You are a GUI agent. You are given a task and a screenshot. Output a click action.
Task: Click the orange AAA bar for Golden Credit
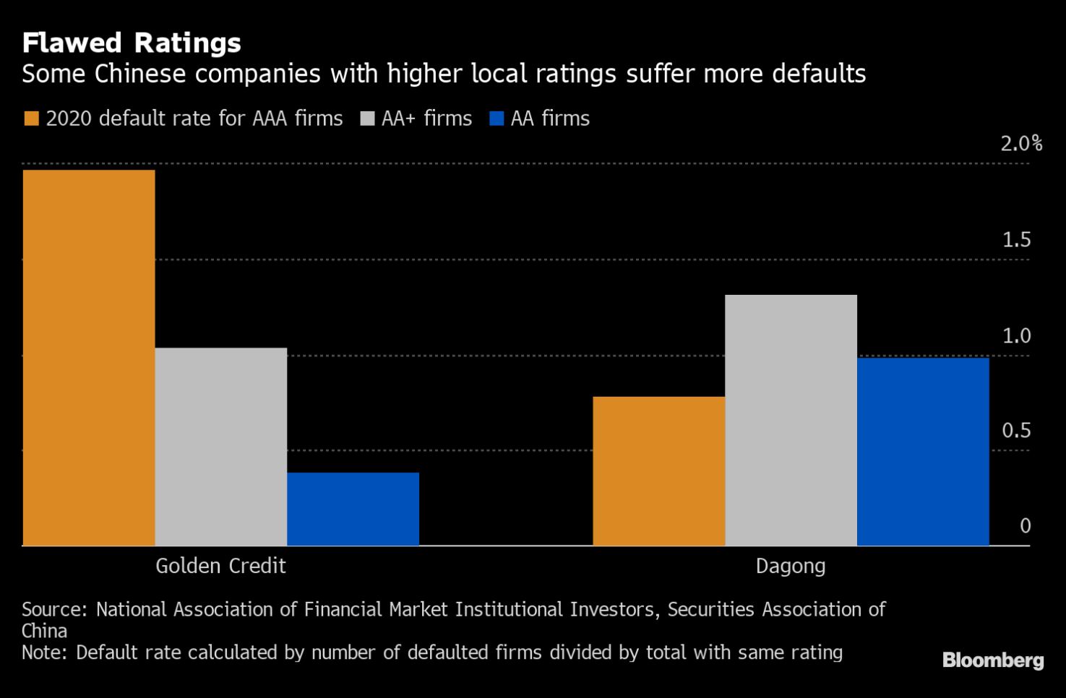(89, 358)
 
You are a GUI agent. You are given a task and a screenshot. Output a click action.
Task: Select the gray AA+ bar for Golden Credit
(221, 447)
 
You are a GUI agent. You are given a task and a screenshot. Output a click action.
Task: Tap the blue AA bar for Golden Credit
(353, 509)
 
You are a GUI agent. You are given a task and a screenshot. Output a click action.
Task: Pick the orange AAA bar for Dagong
(658, 470)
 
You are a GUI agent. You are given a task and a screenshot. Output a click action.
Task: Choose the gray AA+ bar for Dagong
(791, 420)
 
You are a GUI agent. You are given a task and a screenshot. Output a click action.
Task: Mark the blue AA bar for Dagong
(923, 452)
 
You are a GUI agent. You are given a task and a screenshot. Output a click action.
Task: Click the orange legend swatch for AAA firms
(31, 119)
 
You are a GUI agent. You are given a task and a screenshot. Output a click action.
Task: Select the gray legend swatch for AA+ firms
(367, 119)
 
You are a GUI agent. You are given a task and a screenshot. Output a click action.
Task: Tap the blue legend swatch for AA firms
(497, 119)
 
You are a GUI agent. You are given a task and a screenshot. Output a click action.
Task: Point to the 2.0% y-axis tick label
(1020, 144)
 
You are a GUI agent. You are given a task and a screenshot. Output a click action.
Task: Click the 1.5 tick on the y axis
(1016, 240)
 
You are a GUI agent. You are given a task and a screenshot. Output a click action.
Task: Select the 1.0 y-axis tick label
(1016, 336)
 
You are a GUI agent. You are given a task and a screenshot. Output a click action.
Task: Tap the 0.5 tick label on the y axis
(1016, 431)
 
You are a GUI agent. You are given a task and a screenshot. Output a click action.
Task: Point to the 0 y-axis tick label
(1025, 526)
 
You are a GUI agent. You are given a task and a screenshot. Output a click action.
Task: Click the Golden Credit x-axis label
(220, 566)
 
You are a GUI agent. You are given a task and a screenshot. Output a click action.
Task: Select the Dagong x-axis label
(791, 566)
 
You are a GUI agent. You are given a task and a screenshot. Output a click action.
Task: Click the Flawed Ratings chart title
(132, 43)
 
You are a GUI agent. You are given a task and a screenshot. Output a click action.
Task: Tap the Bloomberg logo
(993, 660)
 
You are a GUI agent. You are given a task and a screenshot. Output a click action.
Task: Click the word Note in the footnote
(43, 652)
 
